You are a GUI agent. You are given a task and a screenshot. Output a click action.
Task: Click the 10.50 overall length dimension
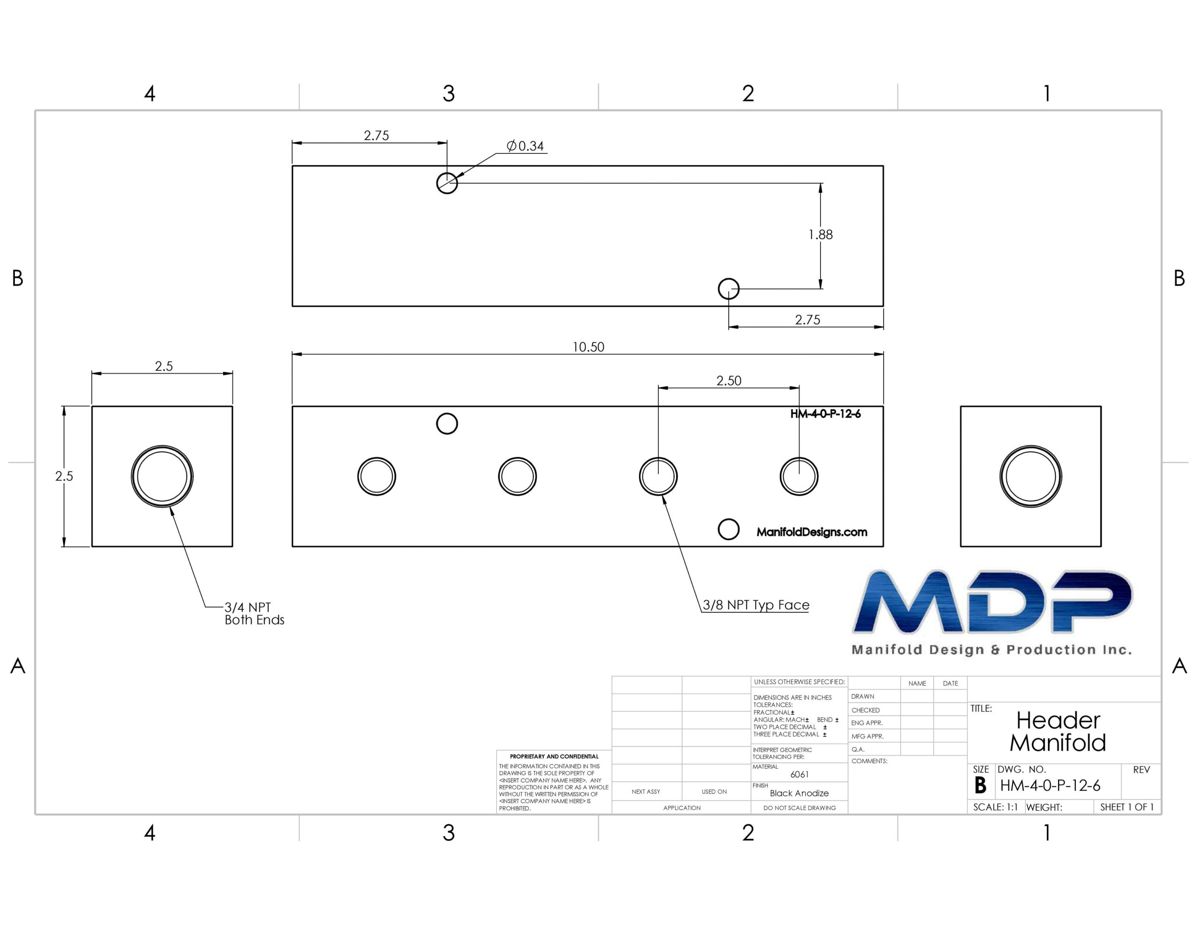point(588,347)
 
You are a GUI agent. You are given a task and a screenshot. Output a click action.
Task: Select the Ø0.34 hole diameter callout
point(525,146)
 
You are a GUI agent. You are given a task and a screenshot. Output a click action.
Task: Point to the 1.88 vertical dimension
point(821,235)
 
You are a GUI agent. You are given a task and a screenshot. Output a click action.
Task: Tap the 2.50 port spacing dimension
point(728,381)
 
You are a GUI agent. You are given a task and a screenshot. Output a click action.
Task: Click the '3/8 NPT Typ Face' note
point(756,605)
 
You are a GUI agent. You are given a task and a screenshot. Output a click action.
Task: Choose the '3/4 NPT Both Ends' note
point(254,614)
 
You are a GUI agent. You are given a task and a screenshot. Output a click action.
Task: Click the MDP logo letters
point(992,601)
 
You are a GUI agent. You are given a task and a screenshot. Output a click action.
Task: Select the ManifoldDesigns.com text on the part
point(812,532)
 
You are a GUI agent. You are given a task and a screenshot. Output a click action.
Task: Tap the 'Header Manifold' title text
point(1058,731)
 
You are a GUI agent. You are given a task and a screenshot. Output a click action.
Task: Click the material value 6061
point(800,774)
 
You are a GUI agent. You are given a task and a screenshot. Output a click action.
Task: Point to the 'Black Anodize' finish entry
point(799,793)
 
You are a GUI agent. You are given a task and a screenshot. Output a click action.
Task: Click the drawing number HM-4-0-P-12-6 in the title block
point(1050,786)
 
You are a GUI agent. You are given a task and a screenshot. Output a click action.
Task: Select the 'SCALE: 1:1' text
point(995,807)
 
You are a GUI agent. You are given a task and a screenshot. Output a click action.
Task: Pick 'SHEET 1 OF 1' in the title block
point(1127,807)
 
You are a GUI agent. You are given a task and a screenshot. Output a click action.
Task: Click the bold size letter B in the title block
point(981,786)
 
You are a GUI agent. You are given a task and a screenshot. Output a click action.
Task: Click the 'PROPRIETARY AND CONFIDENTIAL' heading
point(554,757)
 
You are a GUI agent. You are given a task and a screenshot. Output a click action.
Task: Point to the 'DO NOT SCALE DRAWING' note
point(800,808)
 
